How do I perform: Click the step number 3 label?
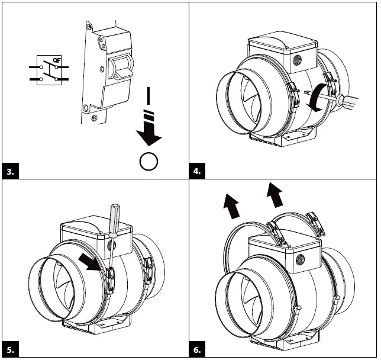pyautogui.click(x=11, y=172)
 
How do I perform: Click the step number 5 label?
pyautogui.click(x=11, y=349)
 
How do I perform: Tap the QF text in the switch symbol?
pyautogui.click(x=56, y=60)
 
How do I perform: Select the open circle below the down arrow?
pyautogui.click(x=149, y=160)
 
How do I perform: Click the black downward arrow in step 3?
pyautogui.click(x=149, y=133)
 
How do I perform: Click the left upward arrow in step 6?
pyautogui.click(x=232, y=207)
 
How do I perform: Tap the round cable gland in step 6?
pyautogui.click(x=301, y=258)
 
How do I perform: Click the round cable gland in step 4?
pyautogui.click(x=296, y=60)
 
